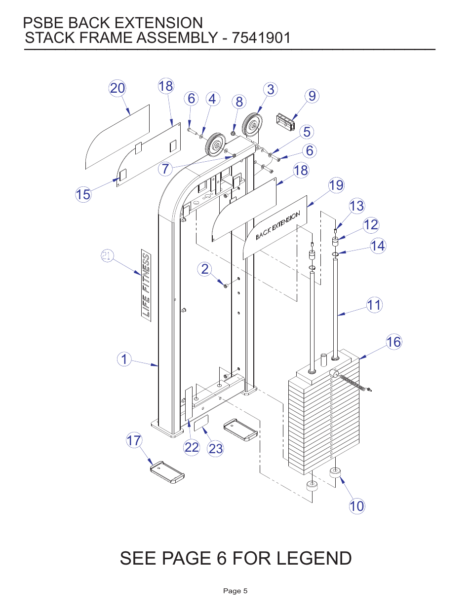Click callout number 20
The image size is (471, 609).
pyautogui.click(x=117, y=88)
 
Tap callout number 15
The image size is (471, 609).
pyautogui.click(x=83, y=194)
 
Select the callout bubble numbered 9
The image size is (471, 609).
pyautogui.click(x=312, y=96)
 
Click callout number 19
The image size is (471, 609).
pyautogui.click(x=336, y=185)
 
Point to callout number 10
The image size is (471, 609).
pyautogui.click(x=356, y=506)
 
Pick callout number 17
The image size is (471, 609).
pyautogui.click(x=134, y=440)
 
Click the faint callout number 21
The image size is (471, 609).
pyautogui.click(x=107, y=255)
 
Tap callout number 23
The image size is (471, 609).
pyautogui.click(x=215, y=449)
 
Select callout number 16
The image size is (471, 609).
pyautogui.click(x=393, y=342)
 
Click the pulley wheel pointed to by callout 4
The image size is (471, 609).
pyautogui.click(x=215, y=144)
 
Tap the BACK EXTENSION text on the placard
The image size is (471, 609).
pyautogui.click(x=277, y=225)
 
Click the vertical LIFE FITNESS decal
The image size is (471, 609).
pyautogui.click(x=146, y=286)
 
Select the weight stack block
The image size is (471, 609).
pyautogui.click(x=323, y=419)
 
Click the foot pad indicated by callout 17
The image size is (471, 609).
pyautogui.click(x=167, y=472)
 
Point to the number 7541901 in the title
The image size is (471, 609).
pyautogui.click(x=261, y=38)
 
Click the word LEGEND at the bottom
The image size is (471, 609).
pyautogui.click(x=314, y=558)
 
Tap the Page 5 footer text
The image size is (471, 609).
pyautogui.click(x=235, y=591)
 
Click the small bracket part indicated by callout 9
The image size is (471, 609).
pyautogui.click(x=286, y=121)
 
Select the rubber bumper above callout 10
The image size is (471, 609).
pyautogui.click(x=336, y=472)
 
